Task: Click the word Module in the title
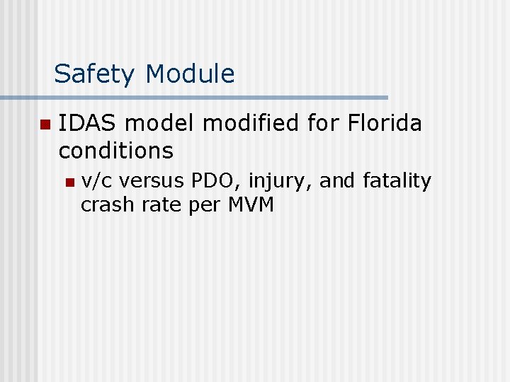pyautogui.click(x=190, y=74)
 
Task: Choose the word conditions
pyautogui.click(x=116, y=150)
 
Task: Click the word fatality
pyautogui.click(x=396, y=181)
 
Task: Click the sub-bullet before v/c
pyautogui.click(x=69, y=183)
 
